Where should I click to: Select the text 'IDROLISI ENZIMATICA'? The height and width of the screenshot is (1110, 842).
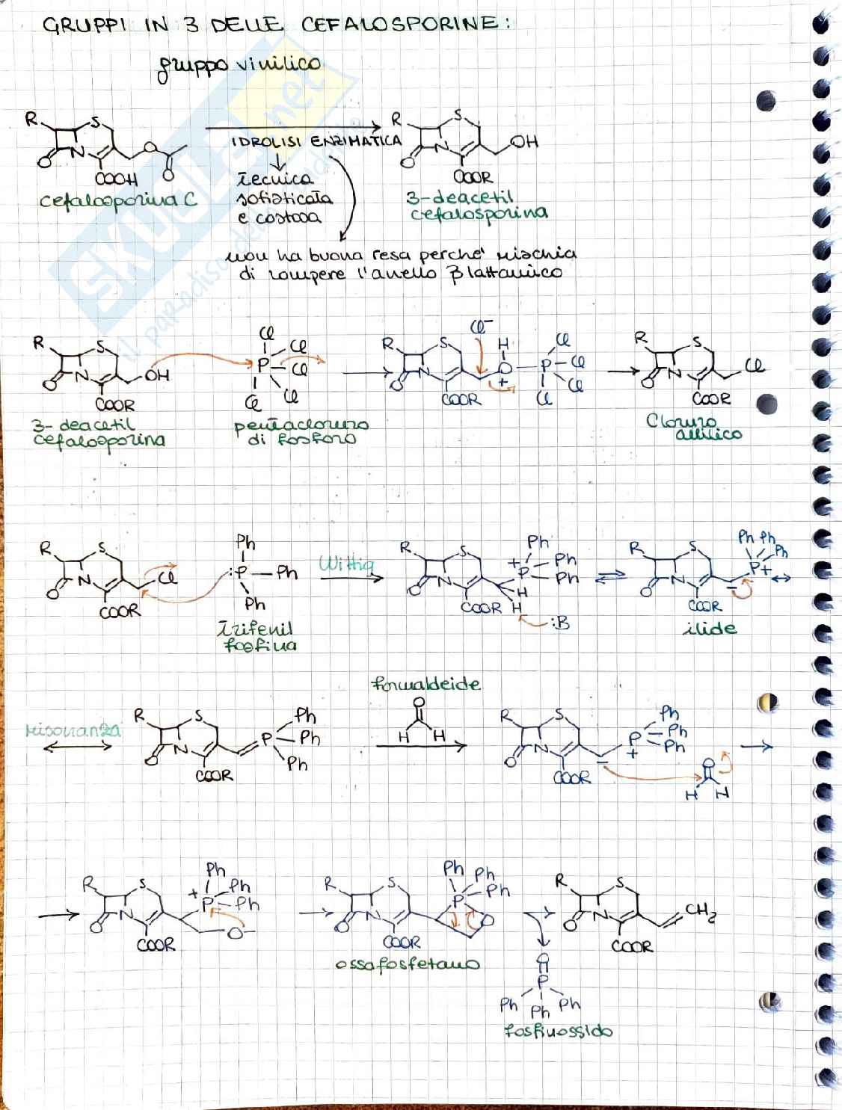point(316,141)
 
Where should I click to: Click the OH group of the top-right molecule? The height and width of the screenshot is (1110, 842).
point(525,142)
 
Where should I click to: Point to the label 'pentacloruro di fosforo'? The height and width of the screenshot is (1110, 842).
point(301,431)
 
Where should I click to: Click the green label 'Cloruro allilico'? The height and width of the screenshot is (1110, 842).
point(693,427)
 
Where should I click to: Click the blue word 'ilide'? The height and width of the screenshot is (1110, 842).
point(710,629)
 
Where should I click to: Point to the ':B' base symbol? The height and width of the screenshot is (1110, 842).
point(558,622)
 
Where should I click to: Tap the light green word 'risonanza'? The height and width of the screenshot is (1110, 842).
point(73,730)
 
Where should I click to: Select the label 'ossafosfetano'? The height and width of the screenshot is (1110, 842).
point(408,964)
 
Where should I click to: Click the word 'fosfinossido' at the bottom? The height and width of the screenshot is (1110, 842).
point(558,1031)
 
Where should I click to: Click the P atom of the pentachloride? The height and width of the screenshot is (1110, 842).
point(263,366)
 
